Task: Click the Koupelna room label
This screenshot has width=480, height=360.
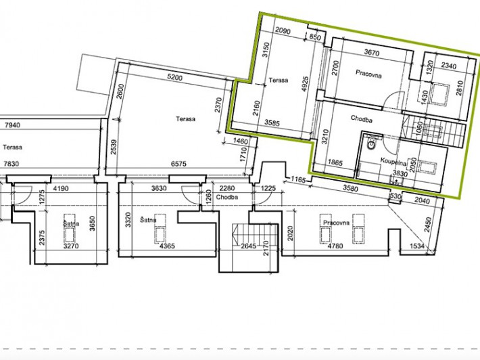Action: (393, 162)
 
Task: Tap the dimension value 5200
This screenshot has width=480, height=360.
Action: (175, 78)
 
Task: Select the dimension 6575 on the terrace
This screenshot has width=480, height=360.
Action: (178, 164)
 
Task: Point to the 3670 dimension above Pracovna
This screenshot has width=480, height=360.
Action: (372, 53)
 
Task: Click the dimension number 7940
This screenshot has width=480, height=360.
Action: (12, 125)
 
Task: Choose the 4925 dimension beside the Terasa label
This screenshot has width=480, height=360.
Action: (305, 84)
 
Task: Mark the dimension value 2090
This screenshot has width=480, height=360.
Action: (283, 31)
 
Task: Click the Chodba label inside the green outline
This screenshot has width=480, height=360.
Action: (362, 119)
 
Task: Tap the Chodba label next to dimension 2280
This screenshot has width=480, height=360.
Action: (227, 197)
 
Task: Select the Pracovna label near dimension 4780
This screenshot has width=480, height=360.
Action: (336, 223)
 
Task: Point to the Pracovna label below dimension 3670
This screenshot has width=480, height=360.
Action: (368, 74)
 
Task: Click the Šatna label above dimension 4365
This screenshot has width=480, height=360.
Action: (148, 220)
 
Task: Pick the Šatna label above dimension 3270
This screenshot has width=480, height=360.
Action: (71, 223)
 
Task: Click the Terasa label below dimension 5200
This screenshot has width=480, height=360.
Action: (185, 119)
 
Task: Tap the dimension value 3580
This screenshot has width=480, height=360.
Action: (350, 188)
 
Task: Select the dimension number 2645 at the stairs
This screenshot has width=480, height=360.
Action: (248, 246)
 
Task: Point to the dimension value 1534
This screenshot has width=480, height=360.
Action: (418, 246)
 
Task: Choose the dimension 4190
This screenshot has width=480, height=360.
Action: (61, 188)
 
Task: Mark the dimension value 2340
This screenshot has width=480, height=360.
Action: (449, 66)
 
